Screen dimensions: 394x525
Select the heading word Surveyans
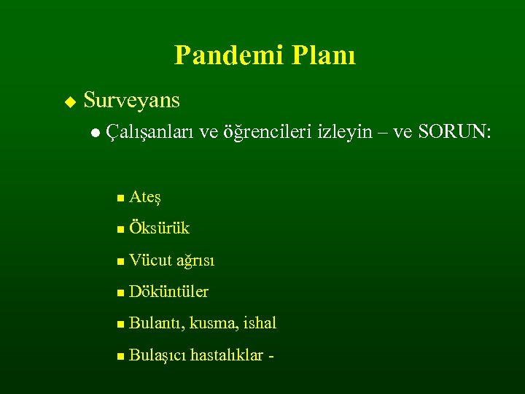click(x=131, y=100)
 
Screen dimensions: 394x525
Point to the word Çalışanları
click(x=150, y=132)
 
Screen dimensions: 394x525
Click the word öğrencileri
click(x=267, y=132)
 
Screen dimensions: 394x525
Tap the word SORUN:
click(x=453, y=132)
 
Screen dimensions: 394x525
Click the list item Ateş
click(x=144, y=197)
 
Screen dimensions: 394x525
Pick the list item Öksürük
click(x=158, y=228)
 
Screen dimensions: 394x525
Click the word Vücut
click(x=149, y=260)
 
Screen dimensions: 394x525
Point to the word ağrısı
click(x=195, y=260)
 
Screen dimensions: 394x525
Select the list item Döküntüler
click(x=168, y=292)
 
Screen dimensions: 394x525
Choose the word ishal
click(x=260, y=323)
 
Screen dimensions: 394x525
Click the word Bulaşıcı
click(x=157, y=355)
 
